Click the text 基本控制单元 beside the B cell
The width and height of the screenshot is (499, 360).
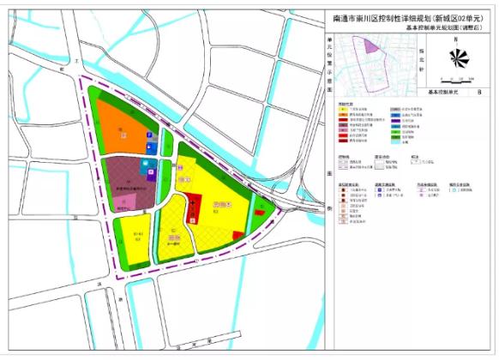point(443,88)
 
